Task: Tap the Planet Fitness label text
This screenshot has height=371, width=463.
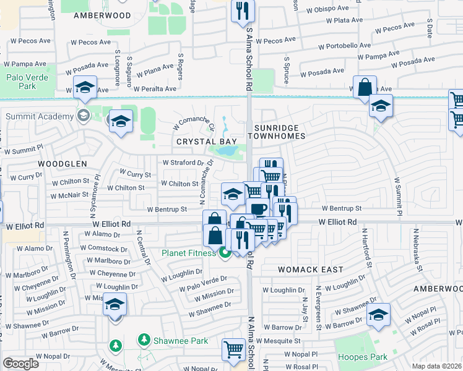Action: tap(189, 252)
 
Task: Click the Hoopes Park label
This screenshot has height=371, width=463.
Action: tap(362, 357)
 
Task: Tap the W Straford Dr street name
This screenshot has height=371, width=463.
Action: tap(183, 163)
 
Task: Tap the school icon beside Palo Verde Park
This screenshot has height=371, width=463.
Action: tap(85, 88)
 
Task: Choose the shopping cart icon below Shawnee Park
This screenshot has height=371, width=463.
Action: tap(233, 349)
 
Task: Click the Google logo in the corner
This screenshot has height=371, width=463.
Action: tap(20, 364)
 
